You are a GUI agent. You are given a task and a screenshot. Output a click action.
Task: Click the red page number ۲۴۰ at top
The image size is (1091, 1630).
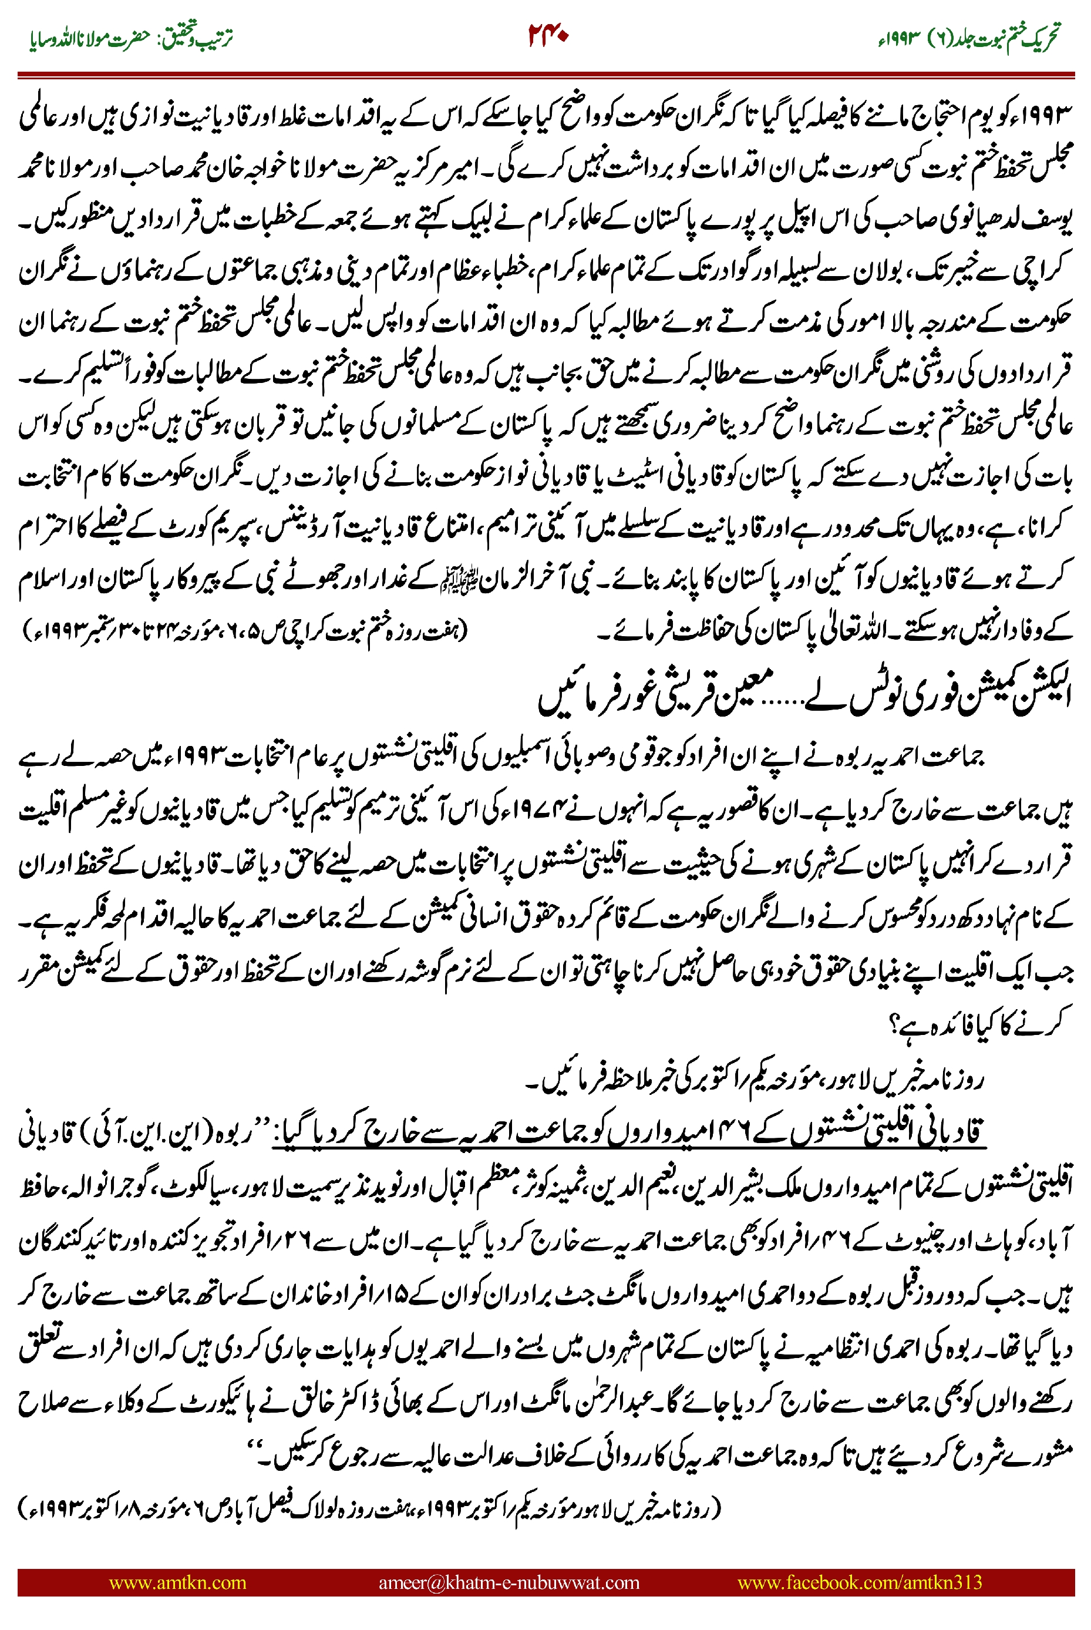click(x=548, y=34)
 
